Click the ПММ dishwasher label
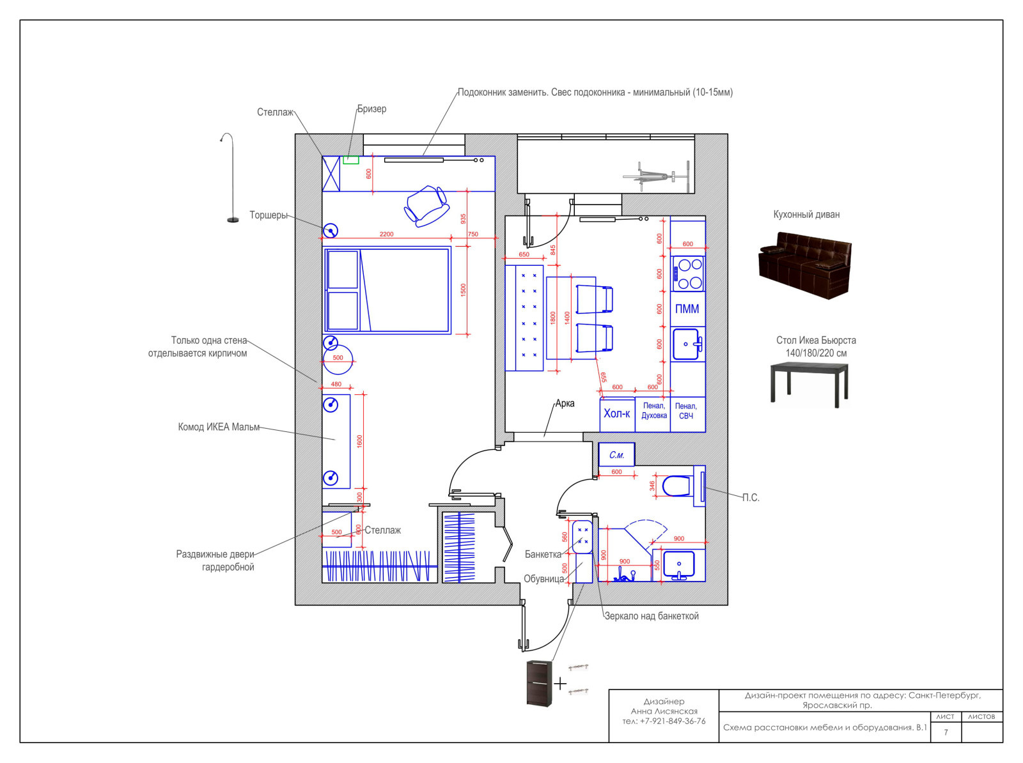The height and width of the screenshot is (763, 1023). pyautogui.click(x=687, y=309)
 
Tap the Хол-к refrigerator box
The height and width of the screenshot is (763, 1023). pyautogui.click(x=617, y=414)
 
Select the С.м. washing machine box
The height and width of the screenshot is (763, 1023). pyautogui.click(x=616, y=454)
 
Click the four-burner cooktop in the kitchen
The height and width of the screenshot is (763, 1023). pyautogui.click(x=687, y=274)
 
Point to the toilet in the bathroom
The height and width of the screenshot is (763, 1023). pyautogui.click(x=676, y=486)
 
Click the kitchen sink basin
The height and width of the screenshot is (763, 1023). pyautogui.click(x=686, y=344)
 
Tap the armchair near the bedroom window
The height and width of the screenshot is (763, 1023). pyautogui.click(x=426, y=206)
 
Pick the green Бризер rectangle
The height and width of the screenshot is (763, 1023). pyautogui.click(x=351, y=160)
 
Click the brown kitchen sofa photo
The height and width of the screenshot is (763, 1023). pyautogui.click(x=805, y=265)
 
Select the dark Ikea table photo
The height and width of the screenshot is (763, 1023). pyautogui.click(x=809, y=384)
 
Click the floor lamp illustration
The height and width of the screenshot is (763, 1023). pyautogui.click(x=231, y=178)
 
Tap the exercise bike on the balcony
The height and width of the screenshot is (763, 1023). pyautogui.click(x=656, y=176)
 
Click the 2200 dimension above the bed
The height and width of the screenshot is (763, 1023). pyautogui.click(x=386, y=234)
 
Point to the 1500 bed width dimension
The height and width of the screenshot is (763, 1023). pyautogui.click(x=464, y=289)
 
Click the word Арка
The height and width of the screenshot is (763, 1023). pyautogui.click(x=565, y=403)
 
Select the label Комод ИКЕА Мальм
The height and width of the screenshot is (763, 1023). pyautogui.click(x=219, y=427)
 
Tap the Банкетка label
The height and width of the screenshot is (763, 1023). pyautogui.click(x=543, y=554)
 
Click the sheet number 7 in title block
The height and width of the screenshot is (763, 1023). pyautogui.click(x=946, y=732)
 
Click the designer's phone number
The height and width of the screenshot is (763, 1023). pyautogui.click(x=664, y=721)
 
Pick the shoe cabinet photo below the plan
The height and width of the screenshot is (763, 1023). pyautogui.click(x=539, y=683)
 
